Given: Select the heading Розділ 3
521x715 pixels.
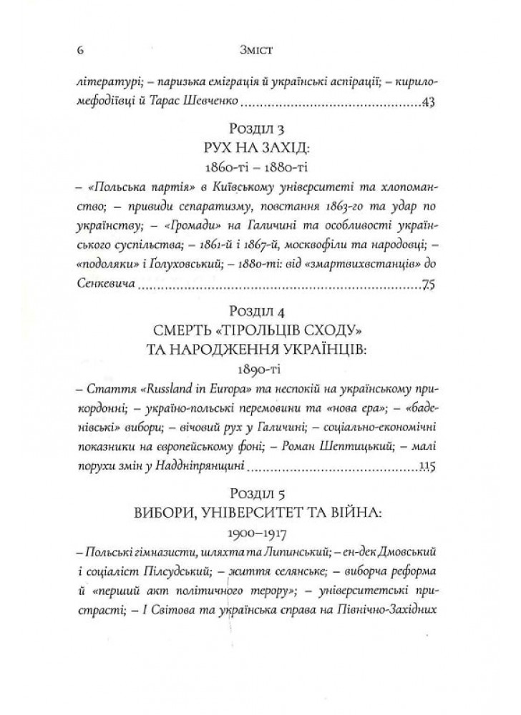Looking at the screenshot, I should click(x=260, y=129).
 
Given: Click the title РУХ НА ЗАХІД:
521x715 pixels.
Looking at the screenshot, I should click(x=260, y=149).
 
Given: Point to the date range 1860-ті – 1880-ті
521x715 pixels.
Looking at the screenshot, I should click(x=260, y=169).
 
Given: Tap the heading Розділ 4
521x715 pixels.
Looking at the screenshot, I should click(x=260, y=313).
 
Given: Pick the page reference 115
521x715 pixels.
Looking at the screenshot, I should click(x=429, y=468).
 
